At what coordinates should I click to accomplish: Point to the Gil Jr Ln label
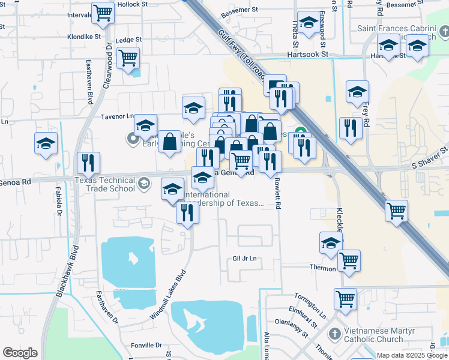coord(244,259)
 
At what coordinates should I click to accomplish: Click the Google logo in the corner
coord(20,353)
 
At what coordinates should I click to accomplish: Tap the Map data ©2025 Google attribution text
coord(412,355)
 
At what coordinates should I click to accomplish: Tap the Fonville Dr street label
coord(146,345)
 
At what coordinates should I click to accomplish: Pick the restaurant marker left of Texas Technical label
coord(88,163)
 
